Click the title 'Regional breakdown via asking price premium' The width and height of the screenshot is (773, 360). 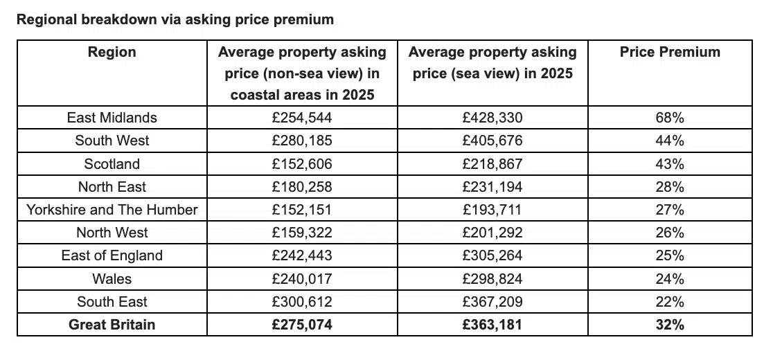(175, 19)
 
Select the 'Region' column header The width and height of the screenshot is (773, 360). (112, 52)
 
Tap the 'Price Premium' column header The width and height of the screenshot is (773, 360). (670, 52)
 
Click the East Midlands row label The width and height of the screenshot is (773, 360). (112, 118)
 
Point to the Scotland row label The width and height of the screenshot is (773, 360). (112, 164)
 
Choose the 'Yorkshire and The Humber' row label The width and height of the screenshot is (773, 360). (112, 210)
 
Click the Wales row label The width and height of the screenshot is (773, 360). (112, 279)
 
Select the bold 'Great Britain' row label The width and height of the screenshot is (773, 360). (112, 324)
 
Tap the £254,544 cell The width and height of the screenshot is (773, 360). (302, 118)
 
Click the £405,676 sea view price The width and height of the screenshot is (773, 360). (492, 141)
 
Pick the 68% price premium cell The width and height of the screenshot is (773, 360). (670, 118)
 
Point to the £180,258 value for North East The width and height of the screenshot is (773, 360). (302, 187)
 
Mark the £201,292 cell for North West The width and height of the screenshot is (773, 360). (492, 233)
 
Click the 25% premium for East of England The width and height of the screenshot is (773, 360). (670, 255)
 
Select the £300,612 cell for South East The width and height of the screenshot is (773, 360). (302, 302)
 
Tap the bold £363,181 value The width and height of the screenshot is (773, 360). (492, 324)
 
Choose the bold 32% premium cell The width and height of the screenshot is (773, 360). (670, 324)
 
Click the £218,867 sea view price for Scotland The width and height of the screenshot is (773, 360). (492, 164)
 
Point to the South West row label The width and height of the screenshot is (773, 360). (112, 141)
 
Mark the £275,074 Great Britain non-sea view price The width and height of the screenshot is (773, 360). (302, 324)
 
